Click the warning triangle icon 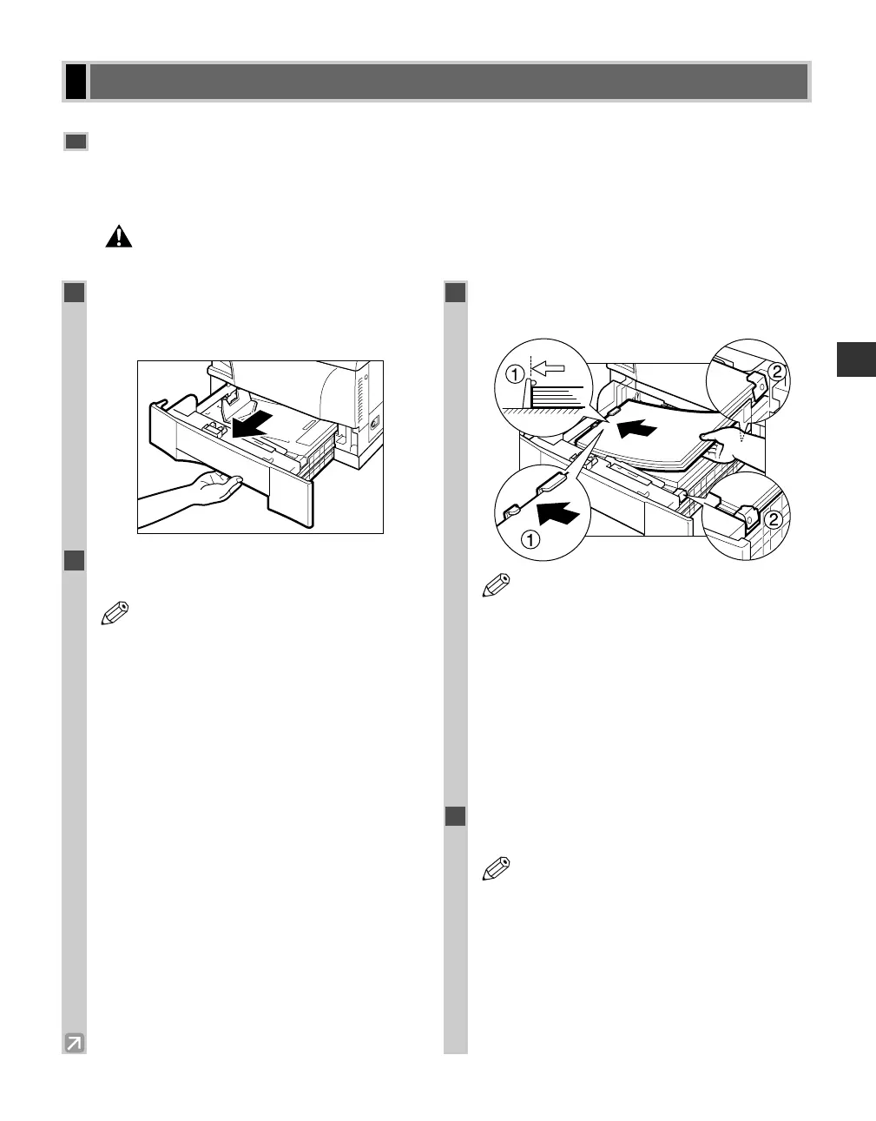pyautogui.click(x=119, y=236)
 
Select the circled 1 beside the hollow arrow pyautogui.click(x=514, y=375)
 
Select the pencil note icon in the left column pyautogui.click(x=114, y=614)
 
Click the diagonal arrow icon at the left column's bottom pyautogui.click(x=75, y=1042)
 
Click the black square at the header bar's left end pyautogui.click(x=76, y=82)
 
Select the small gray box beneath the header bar pyautogui.click(x=76, y=142)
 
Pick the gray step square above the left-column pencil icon pyautogui.click(x=74, y=560)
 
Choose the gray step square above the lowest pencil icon pyautogui.click(x=456, y=817)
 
